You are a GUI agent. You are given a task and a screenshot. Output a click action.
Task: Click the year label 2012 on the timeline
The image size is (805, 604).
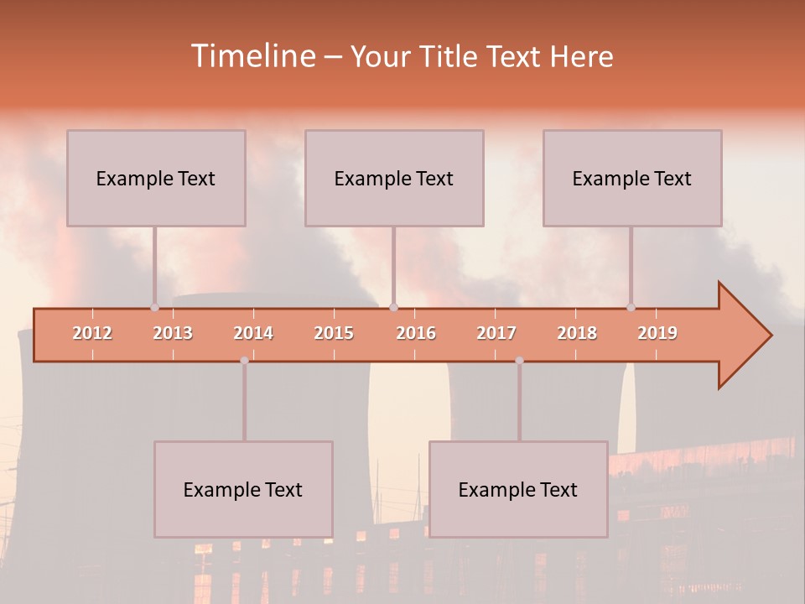[x=92, y=333]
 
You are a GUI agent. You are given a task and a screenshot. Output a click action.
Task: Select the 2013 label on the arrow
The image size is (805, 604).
[x=173, y=333]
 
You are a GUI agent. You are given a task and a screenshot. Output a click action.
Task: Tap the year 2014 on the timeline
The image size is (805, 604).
[x=253, y=333]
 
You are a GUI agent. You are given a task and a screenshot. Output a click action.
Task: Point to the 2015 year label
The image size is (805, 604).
[x=334, y=333]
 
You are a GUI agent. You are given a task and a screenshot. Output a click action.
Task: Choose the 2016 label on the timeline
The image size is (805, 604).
[x=416, y=333]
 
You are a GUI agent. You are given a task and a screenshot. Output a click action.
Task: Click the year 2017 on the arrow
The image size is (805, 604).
[x=496, y=333]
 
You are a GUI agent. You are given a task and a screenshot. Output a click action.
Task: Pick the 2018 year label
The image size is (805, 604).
[x=577, y=333]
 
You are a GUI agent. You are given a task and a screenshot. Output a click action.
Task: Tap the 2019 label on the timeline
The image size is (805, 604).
[x=657, y=333]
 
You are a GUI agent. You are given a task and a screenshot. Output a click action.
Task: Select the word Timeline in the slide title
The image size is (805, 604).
[x=252, y=56]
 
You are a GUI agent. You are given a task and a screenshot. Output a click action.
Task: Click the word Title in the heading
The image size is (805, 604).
[x=449, y=56]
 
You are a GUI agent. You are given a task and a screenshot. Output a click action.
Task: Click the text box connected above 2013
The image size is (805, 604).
[x=156, y=178]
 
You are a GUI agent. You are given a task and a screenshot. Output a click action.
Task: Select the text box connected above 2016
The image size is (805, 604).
[x=394, y=178]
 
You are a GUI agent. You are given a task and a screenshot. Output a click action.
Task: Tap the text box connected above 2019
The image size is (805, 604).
[x=632, y=178]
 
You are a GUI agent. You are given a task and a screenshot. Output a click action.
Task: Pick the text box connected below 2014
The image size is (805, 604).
[x=243, y=489]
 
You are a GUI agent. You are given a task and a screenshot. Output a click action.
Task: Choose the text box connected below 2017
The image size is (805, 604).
[x=518, y=489]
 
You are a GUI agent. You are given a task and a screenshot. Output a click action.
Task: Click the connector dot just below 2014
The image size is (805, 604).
[x=244, y=361]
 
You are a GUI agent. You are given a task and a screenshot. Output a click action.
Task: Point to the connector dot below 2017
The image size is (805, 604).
[x=519, y=361]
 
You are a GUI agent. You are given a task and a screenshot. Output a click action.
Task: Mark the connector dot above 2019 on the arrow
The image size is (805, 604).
[x=631, y=307]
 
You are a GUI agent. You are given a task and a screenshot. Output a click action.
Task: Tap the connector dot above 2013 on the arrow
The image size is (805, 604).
[x=154, y=307]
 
